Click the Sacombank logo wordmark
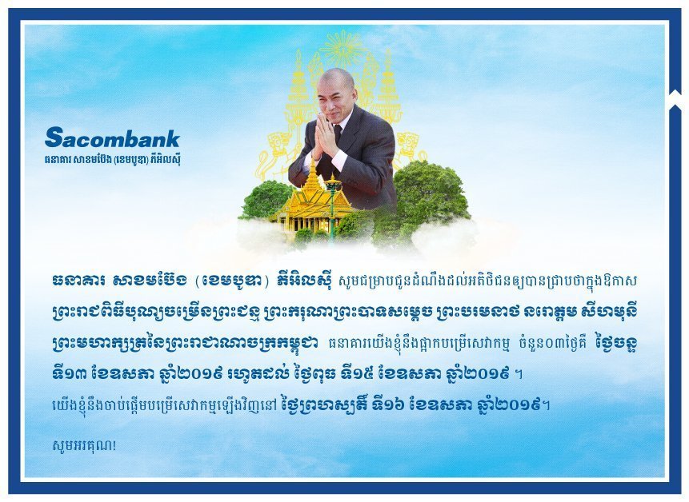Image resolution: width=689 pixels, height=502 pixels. (112, 137)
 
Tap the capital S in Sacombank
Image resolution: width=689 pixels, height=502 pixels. (54, 137)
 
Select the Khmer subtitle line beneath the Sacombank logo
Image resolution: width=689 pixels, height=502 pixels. (112, 159)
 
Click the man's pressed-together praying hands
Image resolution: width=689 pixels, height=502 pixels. (322, 134)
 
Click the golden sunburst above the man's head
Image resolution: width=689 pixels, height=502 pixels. (343, 49)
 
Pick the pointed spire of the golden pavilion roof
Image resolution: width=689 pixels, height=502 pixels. (313, 167)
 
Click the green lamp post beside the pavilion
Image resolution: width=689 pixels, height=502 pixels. (333, 206)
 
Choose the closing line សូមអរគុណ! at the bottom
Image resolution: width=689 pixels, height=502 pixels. (84, 445)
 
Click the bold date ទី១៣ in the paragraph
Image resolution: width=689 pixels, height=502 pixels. (70, 374)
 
